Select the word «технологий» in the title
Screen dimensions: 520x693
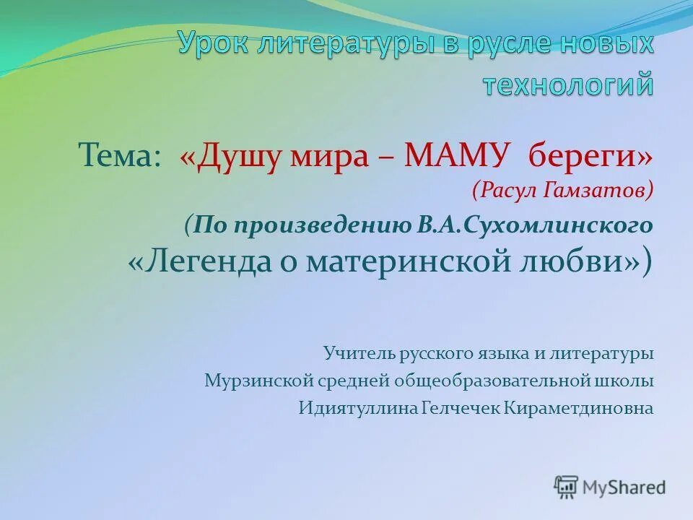click(568, 84)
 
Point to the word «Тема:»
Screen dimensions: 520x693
click(120, 155)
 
